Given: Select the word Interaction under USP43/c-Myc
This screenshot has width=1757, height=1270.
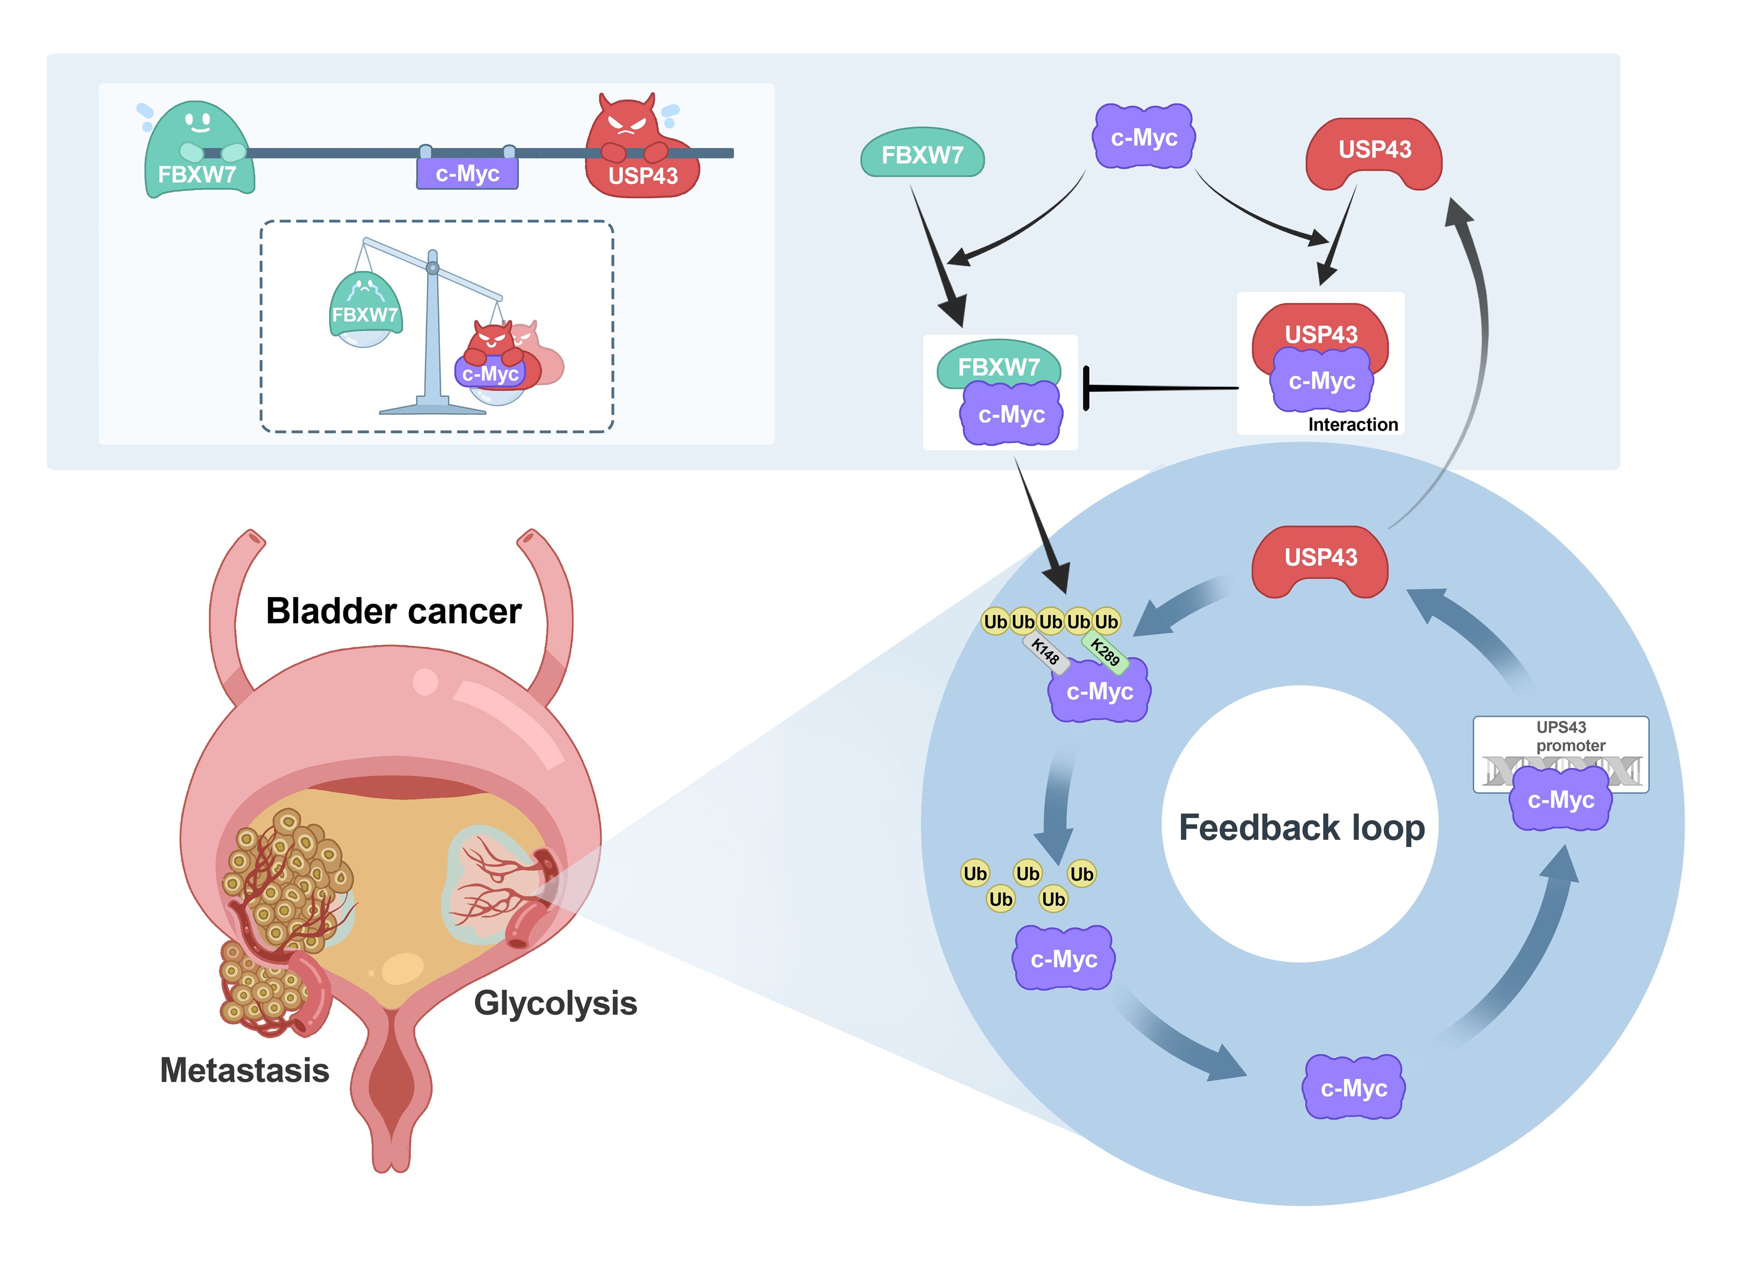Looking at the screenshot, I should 1352,425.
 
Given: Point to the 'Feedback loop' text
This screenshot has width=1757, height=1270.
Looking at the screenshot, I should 1302,828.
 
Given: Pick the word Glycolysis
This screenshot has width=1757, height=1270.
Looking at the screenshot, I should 555,1003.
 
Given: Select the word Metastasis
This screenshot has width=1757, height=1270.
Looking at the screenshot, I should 244,1070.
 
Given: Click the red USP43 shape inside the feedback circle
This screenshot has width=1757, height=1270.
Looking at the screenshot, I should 1320,559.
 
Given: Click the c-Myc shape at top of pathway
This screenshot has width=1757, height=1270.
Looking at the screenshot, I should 1143,137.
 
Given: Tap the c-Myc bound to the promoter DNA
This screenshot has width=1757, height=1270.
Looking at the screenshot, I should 1560,800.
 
